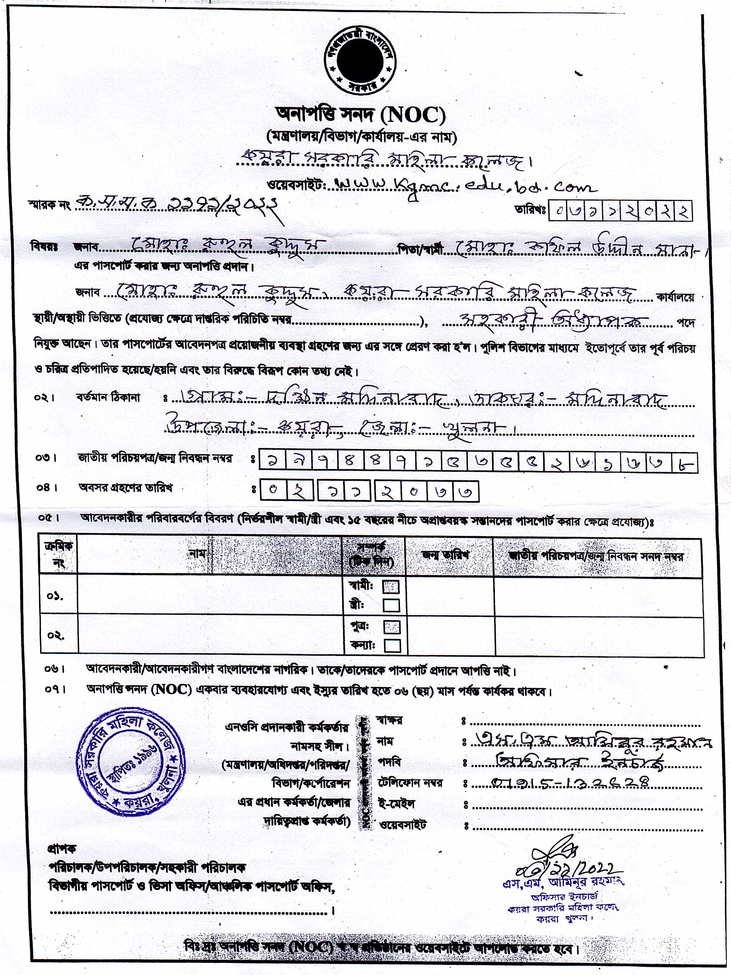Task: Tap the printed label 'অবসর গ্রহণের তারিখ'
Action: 125,488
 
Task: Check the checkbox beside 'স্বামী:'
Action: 391,587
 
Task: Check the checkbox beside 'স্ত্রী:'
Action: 391,605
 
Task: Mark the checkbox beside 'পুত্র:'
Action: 392,627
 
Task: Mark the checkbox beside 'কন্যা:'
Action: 392,646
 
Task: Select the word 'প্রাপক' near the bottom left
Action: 62,849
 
